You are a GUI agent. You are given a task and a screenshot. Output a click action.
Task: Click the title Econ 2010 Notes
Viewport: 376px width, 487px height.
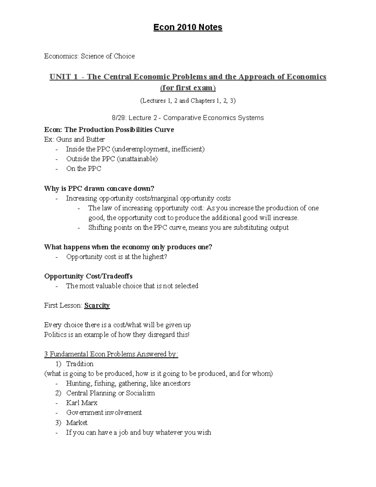point(188,27)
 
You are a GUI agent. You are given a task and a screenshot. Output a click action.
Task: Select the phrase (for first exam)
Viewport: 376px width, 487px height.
point(188,88)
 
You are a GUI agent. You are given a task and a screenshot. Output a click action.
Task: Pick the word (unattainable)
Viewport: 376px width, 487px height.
point(137,159)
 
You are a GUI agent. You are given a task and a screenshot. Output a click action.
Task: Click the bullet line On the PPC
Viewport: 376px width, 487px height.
point(84,169)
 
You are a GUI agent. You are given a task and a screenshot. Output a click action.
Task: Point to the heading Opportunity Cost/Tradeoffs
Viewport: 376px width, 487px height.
point(88,276)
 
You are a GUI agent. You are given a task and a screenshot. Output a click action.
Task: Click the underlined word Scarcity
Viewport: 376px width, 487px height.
point(97,305)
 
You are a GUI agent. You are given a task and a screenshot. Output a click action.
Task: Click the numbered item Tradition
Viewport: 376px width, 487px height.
point(80,364)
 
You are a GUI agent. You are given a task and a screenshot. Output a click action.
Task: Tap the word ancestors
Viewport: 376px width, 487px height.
point(177,383)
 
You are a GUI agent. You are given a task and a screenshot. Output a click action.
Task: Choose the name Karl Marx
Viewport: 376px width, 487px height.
point(82,403)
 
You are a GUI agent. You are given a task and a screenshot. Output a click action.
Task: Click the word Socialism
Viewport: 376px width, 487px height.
point(140,393)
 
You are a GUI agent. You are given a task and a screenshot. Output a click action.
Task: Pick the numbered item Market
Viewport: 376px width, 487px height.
point(77,422)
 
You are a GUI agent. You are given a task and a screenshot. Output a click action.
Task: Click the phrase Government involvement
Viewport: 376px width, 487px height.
point(104,412)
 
